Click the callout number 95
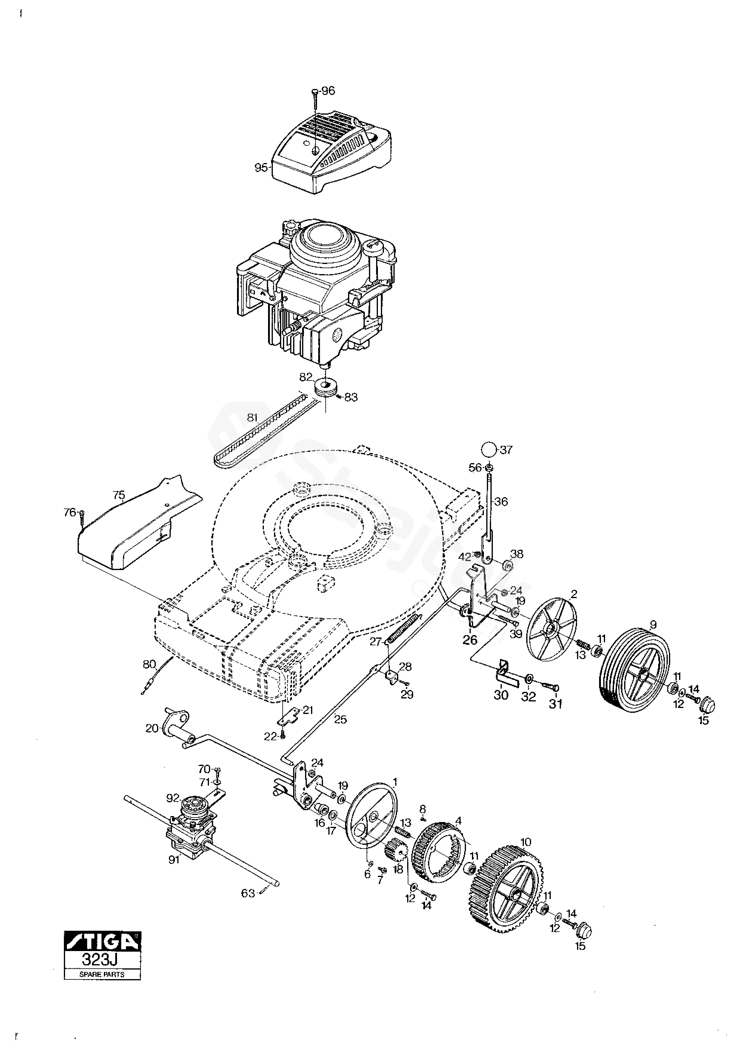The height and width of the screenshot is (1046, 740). click(x=261, y=168)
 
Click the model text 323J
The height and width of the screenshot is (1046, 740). click(x=102, y=959)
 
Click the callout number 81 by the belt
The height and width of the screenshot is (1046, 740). click(x=252, y=417)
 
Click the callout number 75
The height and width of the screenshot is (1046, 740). click(x=119, y=494)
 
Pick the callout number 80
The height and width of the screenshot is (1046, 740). click(x=149, y=664)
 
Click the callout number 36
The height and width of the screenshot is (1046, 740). click(x=501, y=502)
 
